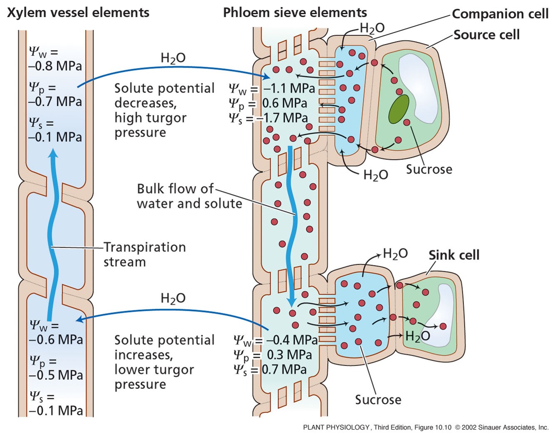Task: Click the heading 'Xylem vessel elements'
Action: [78, 12]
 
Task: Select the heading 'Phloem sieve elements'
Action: [295, 12]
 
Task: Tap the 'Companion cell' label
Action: [500, 14]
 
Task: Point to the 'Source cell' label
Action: [486, 34]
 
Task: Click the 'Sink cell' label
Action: [454, 255]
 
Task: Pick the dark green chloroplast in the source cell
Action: [398, 109]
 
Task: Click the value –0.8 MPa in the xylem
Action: [55, 66]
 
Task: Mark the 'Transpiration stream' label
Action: [144, 254]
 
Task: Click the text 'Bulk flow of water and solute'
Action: [189, 196]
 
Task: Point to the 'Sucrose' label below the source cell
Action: [429, 169]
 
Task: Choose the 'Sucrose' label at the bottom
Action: [378, 400]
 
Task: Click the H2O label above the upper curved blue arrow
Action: [173, 58]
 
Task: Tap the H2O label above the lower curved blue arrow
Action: [173, 298]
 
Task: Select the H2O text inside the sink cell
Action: [417, 336]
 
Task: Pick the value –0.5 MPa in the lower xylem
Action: [56, 375]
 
